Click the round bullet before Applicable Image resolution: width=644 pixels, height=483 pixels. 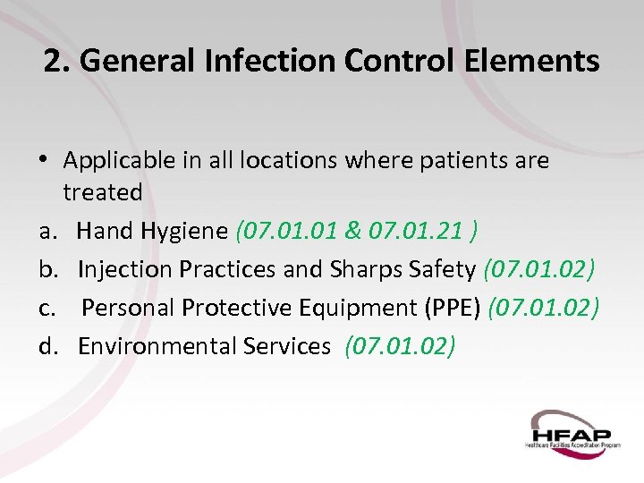[46, 161]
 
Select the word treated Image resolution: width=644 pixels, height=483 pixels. [102, 192]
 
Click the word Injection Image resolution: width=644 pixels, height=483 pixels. [123, 269]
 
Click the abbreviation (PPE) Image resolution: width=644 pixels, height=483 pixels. [452, 308]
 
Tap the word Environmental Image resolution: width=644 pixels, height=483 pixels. [155, 346]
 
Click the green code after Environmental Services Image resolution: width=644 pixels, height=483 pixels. [400, 346]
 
